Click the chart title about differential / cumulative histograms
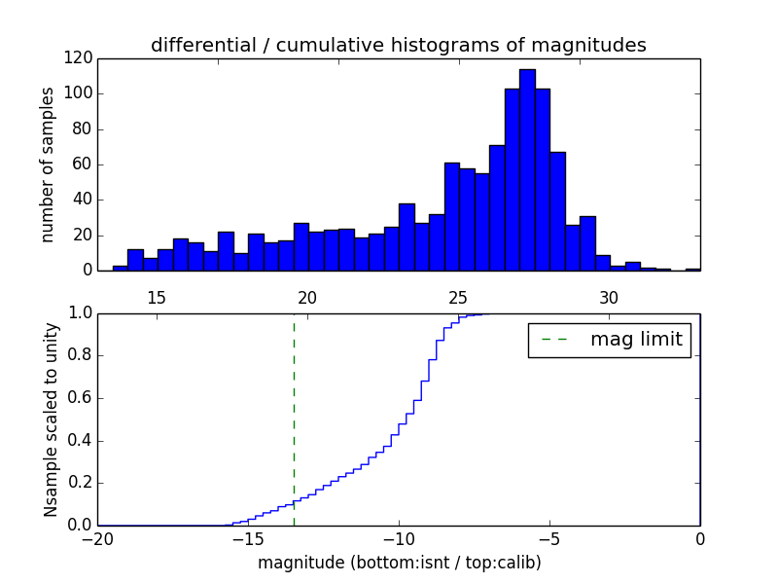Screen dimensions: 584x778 (399, 45)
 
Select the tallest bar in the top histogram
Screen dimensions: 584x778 (527, 170)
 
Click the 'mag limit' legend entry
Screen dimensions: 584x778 (609, 340)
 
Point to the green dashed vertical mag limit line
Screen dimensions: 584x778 (294, 419)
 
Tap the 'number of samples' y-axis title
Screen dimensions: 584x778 (49, 164)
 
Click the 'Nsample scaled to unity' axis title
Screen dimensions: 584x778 (51, 420)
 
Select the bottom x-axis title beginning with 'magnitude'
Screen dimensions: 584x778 (399, 563)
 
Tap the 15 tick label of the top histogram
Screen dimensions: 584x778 (157, 297)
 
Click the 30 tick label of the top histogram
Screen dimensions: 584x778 (609, 297)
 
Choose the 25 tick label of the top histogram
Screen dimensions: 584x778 (458, 297)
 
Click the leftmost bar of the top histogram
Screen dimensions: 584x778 (121, 268)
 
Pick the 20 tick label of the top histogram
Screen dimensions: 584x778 (307, 297)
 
